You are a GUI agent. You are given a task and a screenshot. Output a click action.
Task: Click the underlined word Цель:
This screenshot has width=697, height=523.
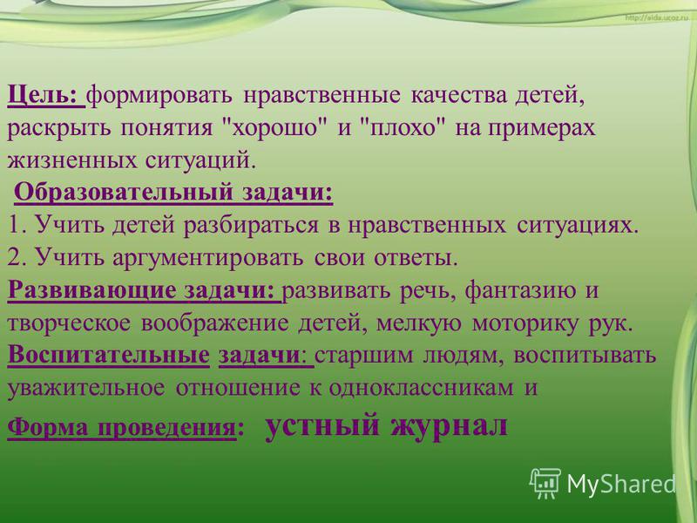(42, 96)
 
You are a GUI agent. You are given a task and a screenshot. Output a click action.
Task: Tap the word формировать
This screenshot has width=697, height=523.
(159, 97)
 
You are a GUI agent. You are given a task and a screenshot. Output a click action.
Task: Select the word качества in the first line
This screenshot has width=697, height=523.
(458, 96)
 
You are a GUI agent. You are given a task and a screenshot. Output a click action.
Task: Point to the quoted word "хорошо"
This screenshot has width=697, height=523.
(274, 127)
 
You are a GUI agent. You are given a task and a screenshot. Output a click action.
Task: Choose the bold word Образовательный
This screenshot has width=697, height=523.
(124, 193)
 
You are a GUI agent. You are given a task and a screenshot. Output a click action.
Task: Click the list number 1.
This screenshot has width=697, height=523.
(17, 225)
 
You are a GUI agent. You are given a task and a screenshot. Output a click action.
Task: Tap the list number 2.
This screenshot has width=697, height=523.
(17, 257)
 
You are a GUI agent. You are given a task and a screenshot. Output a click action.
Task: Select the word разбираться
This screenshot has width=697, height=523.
(251, 226)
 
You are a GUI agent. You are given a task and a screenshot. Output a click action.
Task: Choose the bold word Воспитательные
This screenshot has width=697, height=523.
(108, 355)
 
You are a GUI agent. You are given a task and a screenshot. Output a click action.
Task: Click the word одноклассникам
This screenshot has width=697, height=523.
(421, 388)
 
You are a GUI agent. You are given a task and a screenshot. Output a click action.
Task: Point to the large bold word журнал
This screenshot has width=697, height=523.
(449, 425)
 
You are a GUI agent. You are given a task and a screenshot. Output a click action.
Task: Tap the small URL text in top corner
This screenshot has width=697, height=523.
(657, 18)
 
